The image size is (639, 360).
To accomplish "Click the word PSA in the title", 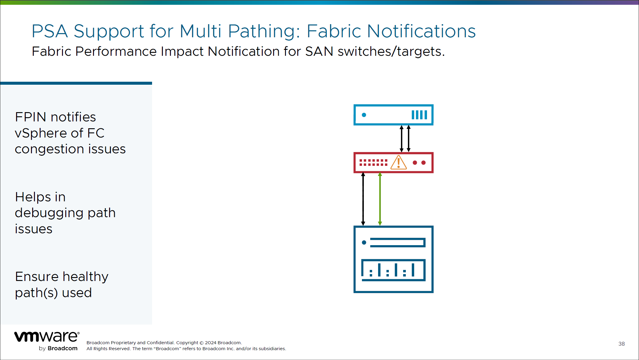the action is point(50,31).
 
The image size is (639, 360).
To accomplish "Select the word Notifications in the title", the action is point(421,31).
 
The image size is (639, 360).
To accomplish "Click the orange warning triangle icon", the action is point(398,163).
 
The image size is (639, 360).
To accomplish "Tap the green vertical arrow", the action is point(380,199).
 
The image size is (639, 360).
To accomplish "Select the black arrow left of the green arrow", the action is point(363,199).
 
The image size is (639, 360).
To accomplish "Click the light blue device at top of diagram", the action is point(393,115).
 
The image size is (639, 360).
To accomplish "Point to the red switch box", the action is point(393,163).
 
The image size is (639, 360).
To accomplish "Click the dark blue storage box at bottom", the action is point(393,259).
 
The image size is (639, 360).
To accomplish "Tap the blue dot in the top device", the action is point(364,115).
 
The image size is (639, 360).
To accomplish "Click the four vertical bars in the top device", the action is point(419,115).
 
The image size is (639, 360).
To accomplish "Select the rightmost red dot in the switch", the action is point(423,163).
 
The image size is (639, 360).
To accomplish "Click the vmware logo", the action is point(47,337).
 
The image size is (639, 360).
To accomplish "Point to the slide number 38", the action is point(621,344).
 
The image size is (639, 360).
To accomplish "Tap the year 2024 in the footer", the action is point(211,343).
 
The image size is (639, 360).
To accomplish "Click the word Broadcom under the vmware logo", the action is point(63,348).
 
